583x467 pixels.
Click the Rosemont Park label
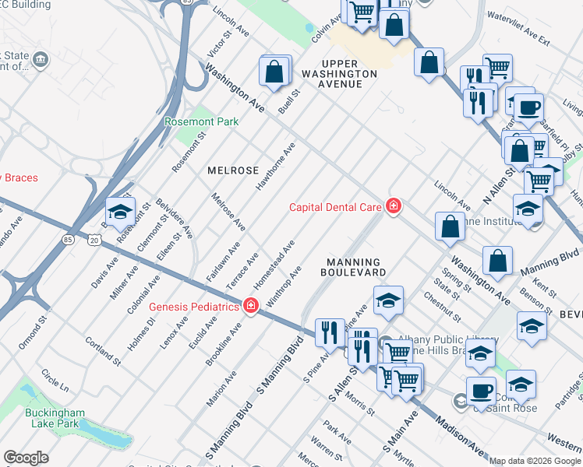201,121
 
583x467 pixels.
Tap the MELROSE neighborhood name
232,170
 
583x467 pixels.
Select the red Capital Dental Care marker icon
394,206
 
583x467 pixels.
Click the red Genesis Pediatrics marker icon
250,306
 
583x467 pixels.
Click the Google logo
26,458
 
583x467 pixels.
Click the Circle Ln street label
55,381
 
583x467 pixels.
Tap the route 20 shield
94,241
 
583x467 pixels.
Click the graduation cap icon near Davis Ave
121,212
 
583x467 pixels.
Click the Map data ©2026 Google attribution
535,461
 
